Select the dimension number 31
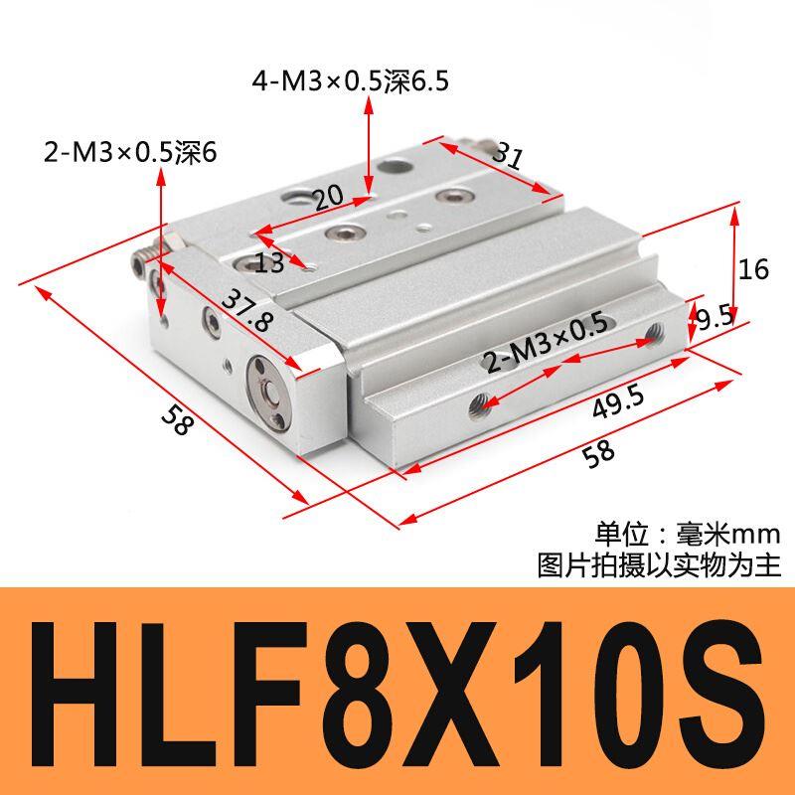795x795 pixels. [507, 157]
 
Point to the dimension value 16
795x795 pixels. [754, 269]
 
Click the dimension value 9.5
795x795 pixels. [715, 318]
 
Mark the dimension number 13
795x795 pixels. [269, 262]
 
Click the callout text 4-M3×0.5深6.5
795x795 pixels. [349, 80]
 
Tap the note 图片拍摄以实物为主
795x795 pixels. [658, 564]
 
